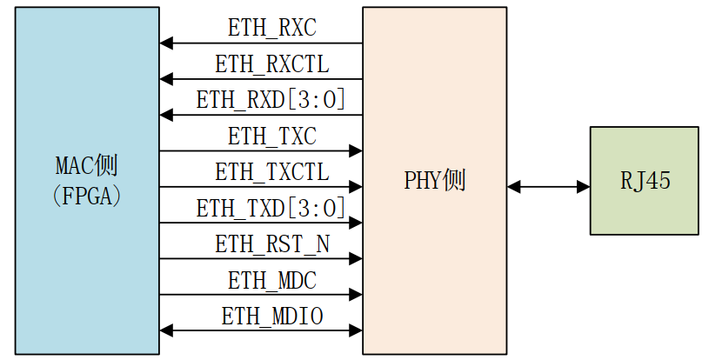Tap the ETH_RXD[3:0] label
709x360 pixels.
point(271,100)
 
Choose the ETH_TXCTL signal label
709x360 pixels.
point(271,172)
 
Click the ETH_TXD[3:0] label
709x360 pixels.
point(271,208)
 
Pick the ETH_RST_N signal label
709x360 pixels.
point(271,244)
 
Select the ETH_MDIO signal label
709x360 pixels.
point(271,317)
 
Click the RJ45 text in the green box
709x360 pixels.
point(645,181)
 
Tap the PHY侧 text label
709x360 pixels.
point(434,181)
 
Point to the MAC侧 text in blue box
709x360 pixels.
point(87,164)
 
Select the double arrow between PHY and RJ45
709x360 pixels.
point(548,185)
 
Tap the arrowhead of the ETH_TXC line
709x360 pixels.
point(355,150)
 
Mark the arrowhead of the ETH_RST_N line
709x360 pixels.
point(355,258)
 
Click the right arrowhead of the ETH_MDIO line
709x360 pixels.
point(355,330)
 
